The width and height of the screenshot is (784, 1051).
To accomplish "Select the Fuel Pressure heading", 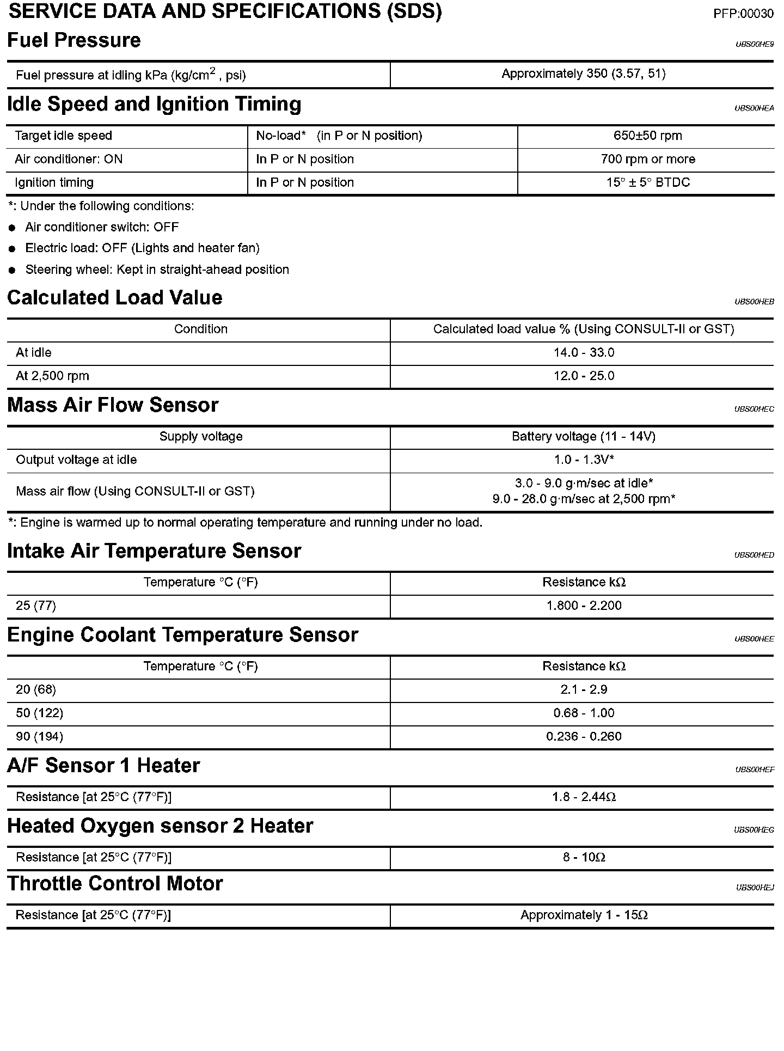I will coord(74,40).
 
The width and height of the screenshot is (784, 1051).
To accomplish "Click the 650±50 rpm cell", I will coord(647,136).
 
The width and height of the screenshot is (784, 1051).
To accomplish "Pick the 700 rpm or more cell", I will coord(647,160).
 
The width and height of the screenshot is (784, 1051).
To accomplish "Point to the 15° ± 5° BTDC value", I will coord(647,183).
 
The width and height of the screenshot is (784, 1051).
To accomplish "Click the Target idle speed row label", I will coord(63,136).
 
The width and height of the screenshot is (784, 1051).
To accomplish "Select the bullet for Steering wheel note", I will coord(13,271).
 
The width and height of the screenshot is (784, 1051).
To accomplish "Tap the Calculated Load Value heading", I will coord(115,298).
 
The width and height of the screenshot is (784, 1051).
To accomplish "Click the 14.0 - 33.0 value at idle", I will coord(584,353).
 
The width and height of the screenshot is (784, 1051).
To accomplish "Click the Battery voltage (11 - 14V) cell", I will coord(583,437).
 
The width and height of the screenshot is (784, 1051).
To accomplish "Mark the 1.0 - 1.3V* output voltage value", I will coord(584,460).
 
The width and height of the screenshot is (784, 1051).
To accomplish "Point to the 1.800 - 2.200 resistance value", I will coord(584,606).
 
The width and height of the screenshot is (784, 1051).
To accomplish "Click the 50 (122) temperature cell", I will coord(39,713).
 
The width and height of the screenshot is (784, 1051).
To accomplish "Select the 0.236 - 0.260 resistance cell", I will coord(584,737).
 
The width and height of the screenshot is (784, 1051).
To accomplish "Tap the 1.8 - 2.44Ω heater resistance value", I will coord(584,797).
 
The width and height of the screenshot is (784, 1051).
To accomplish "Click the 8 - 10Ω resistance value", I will coord(584,858).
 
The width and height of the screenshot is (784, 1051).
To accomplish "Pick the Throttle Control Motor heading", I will coord(115,883).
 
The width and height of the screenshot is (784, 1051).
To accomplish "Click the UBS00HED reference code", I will coord(754,555).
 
